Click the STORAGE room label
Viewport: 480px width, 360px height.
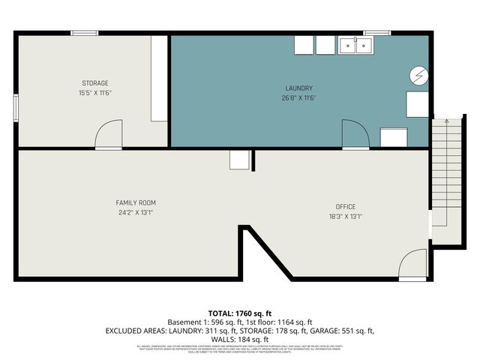pos(95,82)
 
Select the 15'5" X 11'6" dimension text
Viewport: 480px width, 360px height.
pos(95,92)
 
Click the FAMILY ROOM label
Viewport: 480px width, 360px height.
pos(136,202)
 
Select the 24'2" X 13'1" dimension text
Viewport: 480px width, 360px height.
pos(136,212)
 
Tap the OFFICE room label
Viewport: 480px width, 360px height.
pos(345,207)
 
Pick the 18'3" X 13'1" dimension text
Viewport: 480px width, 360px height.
pos(345,217)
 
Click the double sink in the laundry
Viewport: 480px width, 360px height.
pos(355,46)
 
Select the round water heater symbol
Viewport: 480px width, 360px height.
pos(418,75)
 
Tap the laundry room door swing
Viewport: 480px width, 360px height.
pos(355,134)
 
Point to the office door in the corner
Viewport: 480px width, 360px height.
pos(413,264)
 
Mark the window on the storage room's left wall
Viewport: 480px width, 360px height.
pos(16,106)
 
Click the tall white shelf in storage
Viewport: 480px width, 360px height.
pos(158,78)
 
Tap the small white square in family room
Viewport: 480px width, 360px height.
pos(239,160)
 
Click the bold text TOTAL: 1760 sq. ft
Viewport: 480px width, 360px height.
pos(239,312)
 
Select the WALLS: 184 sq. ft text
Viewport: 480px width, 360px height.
pos(239,339)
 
